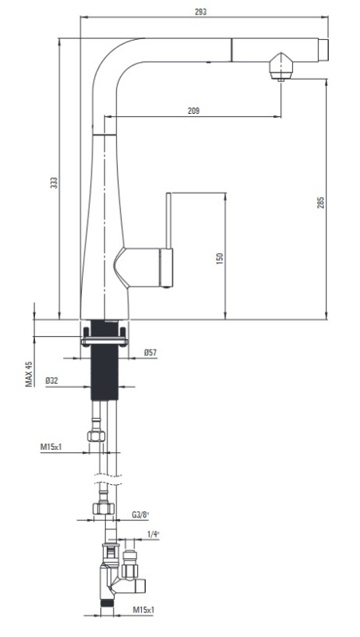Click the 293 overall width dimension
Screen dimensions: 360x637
coord(201,12)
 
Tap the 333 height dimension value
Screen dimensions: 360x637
coord(54,182)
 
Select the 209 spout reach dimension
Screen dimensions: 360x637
coord(194,111)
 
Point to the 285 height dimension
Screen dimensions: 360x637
coord(321,203)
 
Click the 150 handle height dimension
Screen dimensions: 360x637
coord(220,258)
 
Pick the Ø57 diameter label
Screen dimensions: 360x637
coord(150,353)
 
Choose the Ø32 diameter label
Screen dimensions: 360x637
coord(52,381)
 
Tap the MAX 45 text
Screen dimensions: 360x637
coord(29,373)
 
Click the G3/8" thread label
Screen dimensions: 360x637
coord(140,514)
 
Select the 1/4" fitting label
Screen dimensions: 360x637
coord(153,534)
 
